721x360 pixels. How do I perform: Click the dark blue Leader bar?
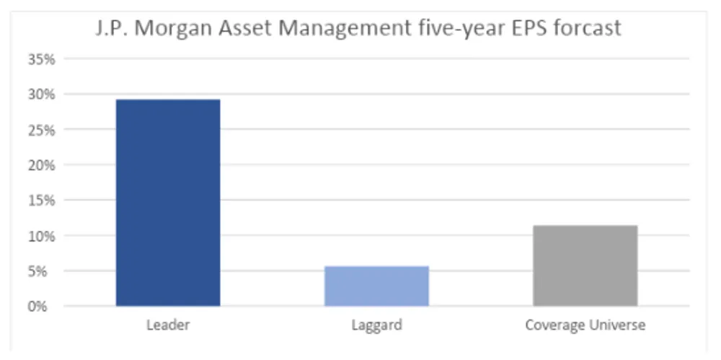[168, 203]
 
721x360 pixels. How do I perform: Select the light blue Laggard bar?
[376, 286]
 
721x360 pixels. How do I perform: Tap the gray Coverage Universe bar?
[585, 266]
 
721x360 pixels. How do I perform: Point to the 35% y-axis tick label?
[41, 59]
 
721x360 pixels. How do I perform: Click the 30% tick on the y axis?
[41, 95]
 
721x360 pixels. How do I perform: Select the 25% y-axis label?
[41, 130]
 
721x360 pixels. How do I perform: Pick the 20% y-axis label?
[41, 165]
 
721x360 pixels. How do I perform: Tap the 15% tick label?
[41, 201]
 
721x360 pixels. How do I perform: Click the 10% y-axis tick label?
[41, 236]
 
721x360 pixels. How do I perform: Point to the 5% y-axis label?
[44, 271]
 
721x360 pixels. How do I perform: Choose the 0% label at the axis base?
[44, 307]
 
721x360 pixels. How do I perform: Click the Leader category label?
[168, 325]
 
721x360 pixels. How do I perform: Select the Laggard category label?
[376, 325]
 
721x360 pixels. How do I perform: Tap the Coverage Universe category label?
[585, 325]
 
